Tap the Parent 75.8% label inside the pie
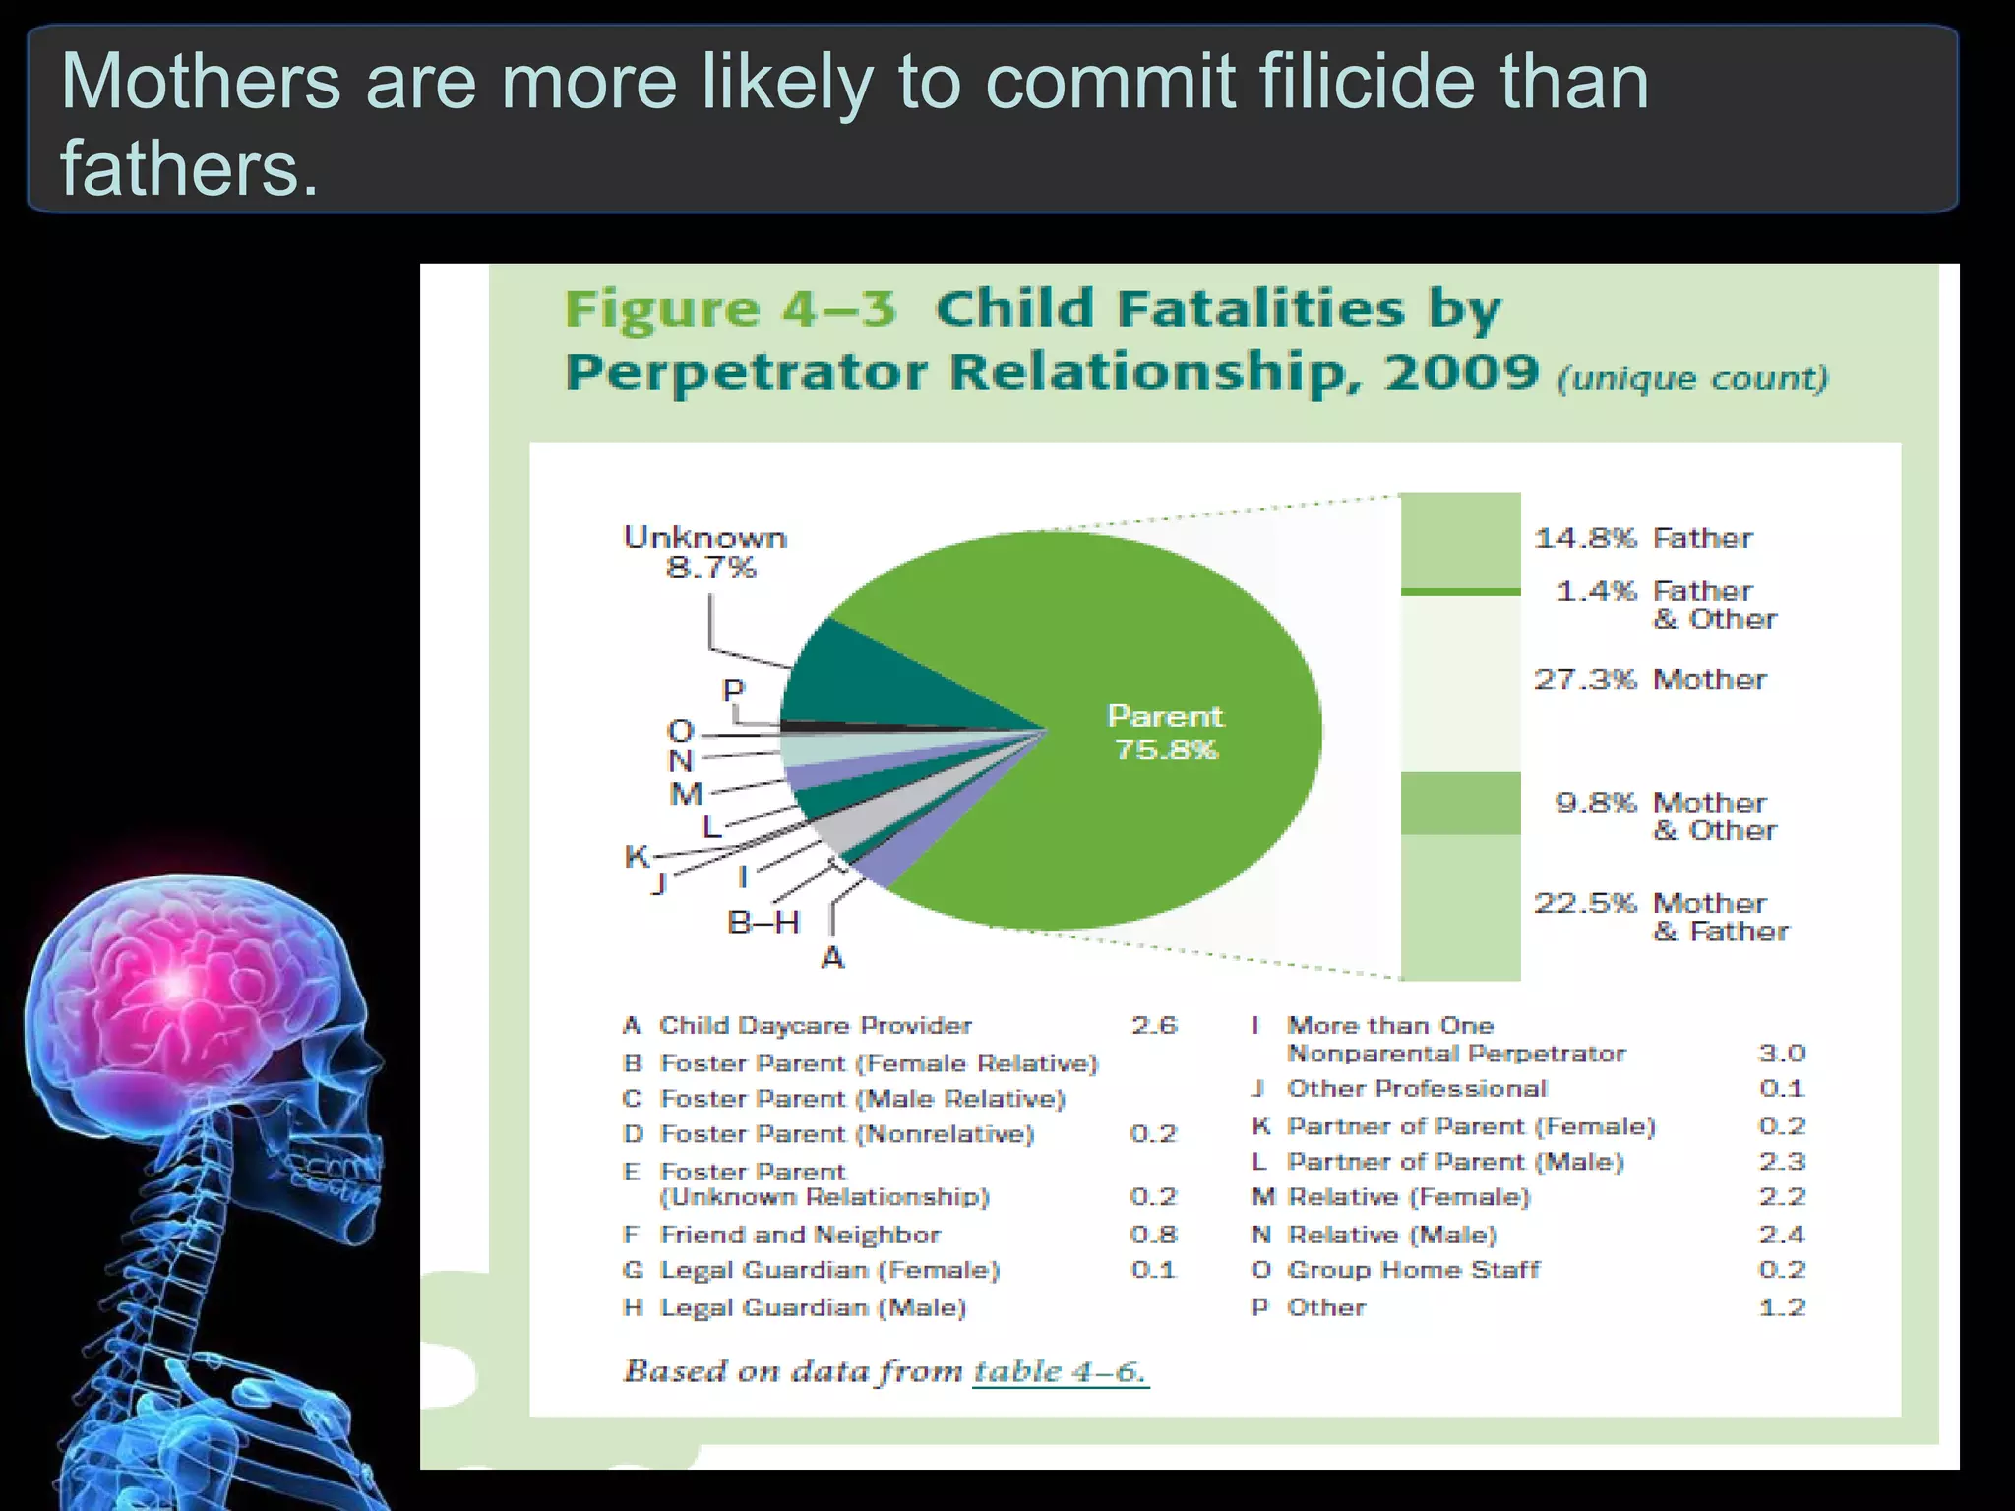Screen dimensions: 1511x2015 click(1166, 732)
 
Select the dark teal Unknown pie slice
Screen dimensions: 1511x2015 click(866, 679)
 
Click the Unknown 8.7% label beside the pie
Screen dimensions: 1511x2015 click(705, 552)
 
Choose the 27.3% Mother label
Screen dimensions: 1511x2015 click(1650, 679)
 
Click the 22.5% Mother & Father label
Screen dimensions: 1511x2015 click(1662, 917)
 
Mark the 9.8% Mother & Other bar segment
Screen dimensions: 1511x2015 click(1460, 803)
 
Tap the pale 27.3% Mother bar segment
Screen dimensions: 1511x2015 click(1460, 684)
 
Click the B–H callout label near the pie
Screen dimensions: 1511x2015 click(763, 923)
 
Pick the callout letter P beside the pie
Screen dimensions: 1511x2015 click(733, 691)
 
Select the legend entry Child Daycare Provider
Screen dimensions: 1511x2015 click(815, 1026)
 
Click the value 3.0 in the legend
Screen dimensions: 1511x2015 click(1781, 1054)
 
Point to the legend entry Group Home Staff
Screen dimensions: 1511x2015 click(1413, 1270)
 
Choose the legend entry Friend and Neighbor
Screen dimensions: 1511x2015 click(800, 1235)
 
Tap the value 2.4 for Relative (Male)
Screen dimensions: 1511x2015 click(1782, 1235)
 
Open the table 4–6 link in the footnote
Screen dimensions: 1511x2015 click(1060, 1371)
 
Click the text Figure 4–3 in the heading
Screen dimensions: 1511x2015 click(730, 309)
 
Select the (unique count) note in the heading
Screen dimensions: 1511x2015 click(1692, 378)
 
